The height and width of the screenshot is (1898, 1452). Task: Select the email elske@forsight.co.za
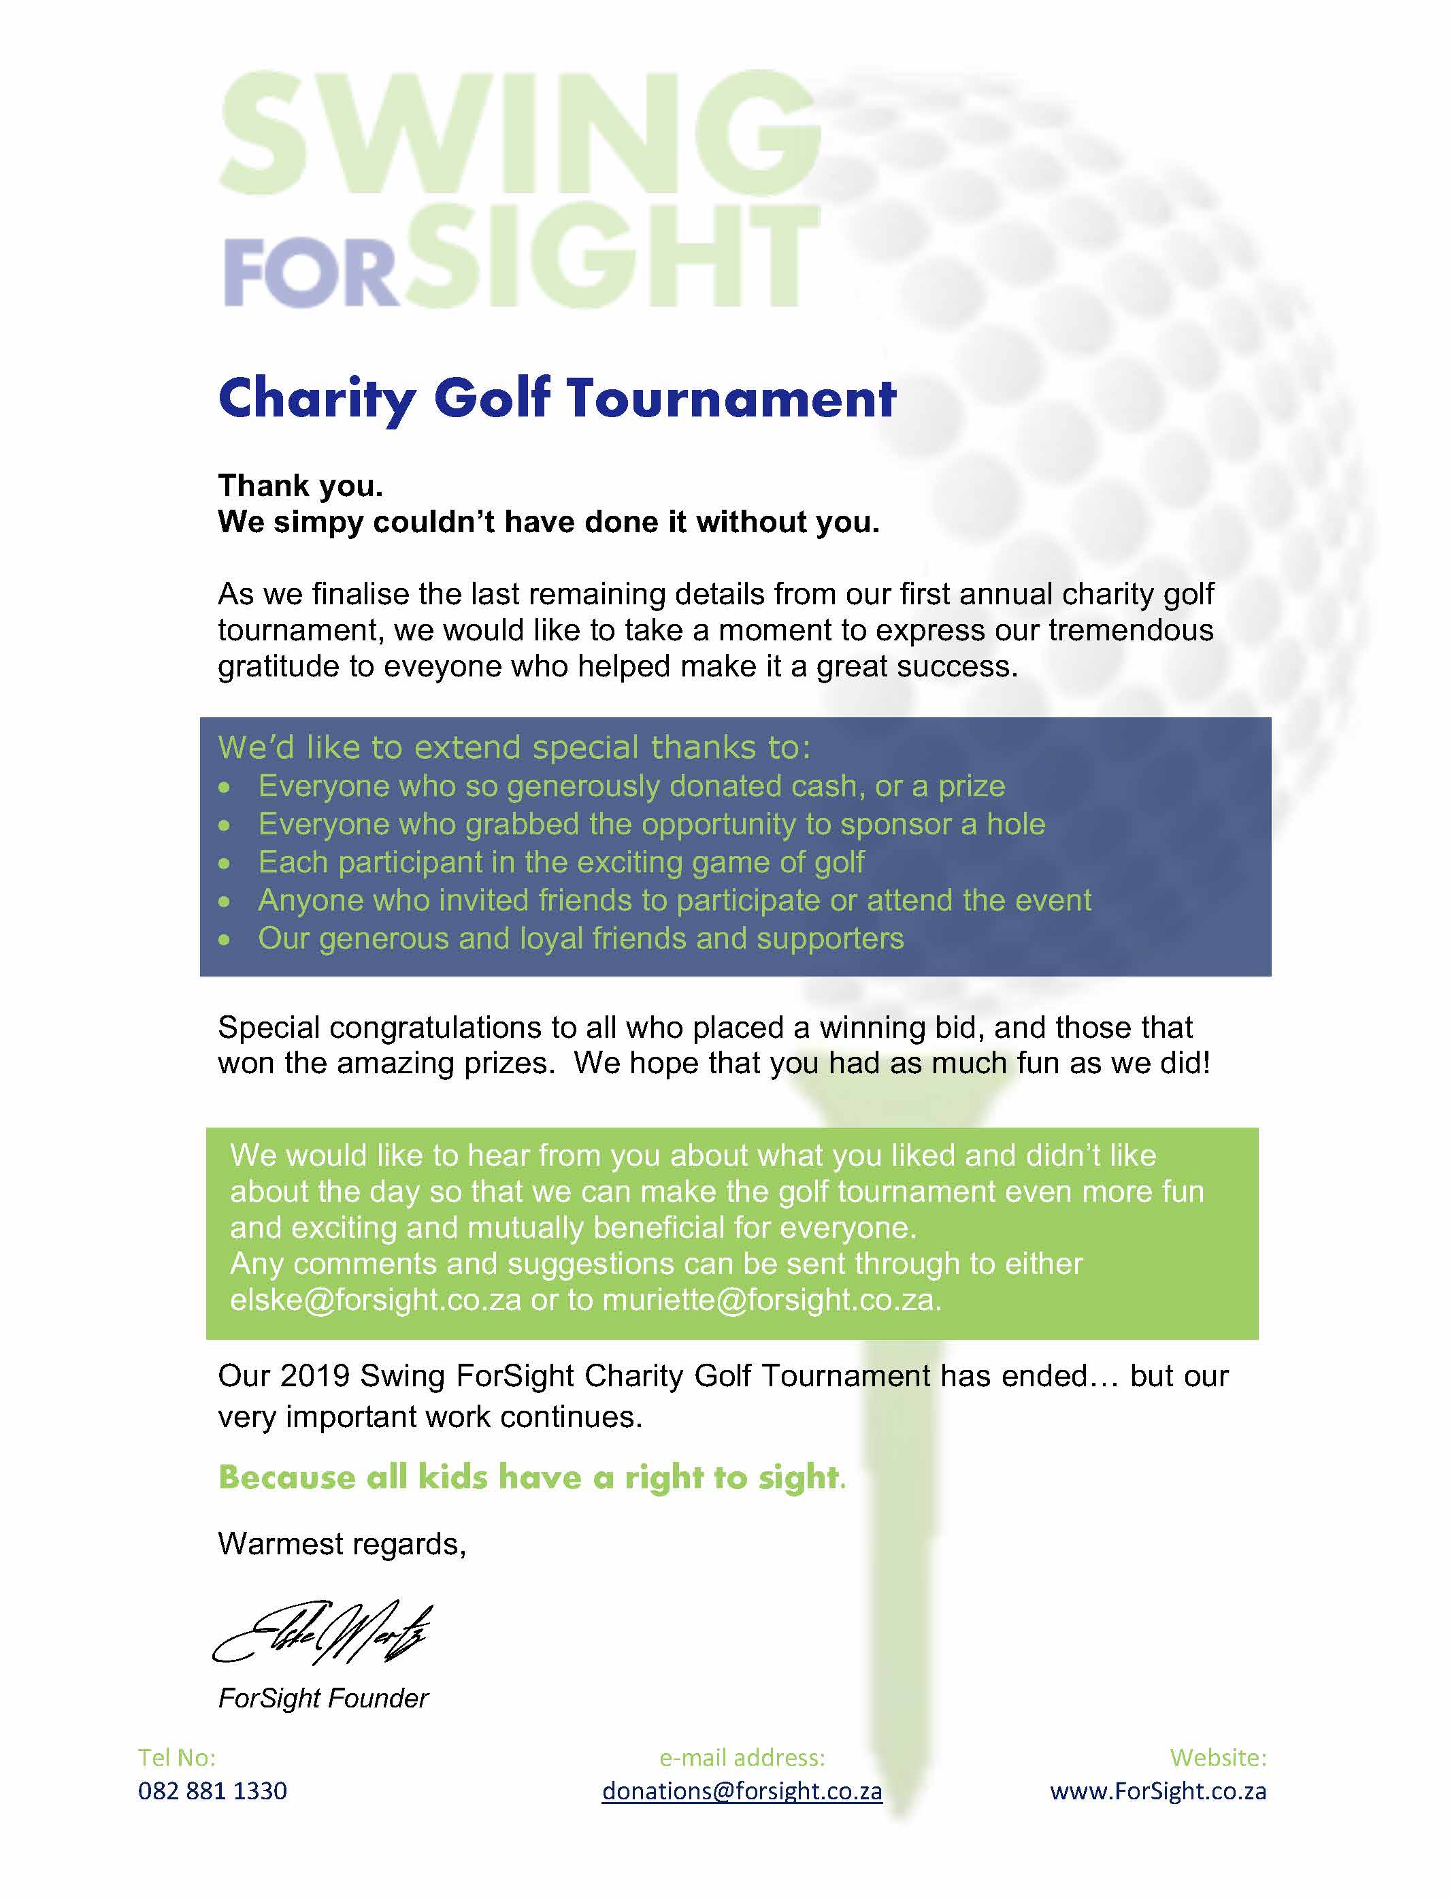(375, 1300)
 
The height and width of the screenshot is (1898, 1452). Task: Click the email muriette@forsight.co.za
(770, 1300)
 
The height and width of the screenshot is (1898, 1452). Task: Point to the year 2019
(314, 1376)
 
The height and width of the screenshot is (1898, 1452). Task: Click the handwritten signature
(323, 1633)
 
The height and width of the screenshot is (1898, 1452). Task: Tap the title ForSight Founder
(323, 1699)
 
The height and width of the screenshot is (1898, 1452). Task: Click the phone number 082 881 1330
(212, 1791)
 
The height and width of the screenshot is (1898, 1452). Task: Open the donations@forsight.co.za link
(742, 1791)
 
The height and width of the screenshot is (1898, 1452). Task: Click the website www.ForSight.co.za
(1157, 1791)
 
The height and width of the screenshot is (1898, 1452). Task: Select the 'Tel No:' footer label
(176, 1757)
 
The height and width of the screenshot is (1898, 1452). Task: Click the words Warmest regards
(342, 1543)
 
